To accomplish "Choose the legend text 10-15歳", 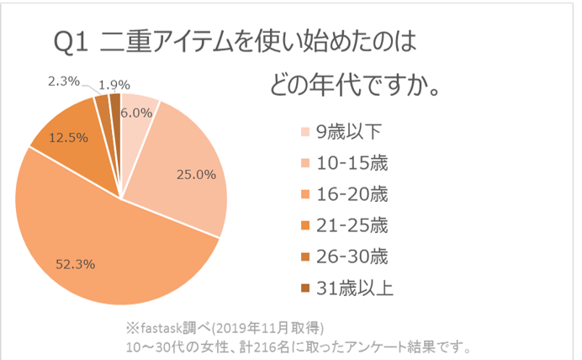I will point(352,162).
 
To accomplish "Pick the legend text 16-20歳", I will point(352,194).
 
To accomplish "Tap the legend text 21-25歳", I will point(352,226).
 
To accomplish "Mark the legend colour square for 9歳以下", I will point(305,132).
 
